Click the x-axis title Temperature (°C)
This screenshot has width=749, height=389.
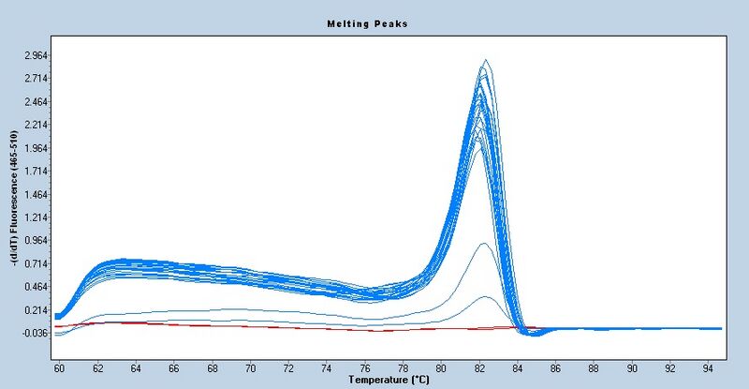(389, 381)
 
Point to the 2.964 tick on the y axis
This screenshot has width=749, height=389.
(36, 55)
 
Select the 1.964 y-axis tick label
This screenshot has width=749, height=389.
(36, 148)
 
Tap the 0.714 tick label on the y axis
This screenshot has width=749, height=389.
(36, 264)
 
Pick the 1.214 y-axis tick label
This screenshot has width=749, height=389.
(36, 217)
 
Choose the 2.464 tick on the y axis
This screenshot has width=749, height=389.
(36, 102)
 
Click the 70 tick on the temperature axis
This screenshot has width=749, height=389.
(251, 368)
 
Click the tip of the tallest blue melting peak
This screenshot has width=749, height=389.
(485, 60)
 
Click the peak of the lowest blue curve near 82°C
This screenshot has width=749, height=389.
(486, 297)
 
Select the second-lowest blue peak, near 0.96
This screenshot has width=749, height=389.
(483, 244)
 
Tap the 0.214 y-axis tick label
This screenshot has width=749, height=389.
(36, 310)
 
